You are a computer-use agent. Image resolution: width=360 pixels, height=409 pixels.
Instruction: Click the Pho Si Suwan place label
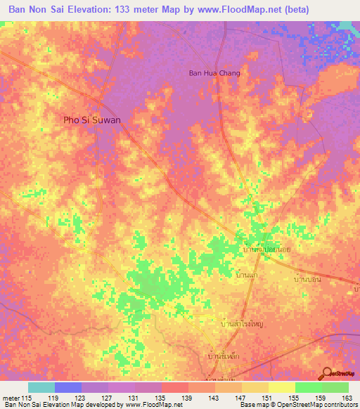(x=92, y=120)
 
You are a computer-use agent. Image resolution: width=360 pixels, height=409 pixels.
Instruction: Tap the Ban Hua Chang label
(x=214, y=73)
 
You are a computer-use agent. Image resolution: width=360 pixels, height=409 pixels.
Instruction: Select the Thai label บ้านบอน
(x=304, y=279)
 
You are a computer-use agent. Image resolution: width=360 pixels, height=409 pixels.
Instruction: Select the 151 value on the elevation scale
(x=265, y=397)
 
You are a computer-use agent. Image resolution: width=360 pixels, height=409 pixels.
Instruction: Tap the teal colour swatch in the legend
(x=41, y=387)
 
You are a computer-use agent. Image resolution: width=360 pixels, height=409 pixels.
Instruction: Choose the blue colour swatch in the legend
(x=68, y=387)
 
